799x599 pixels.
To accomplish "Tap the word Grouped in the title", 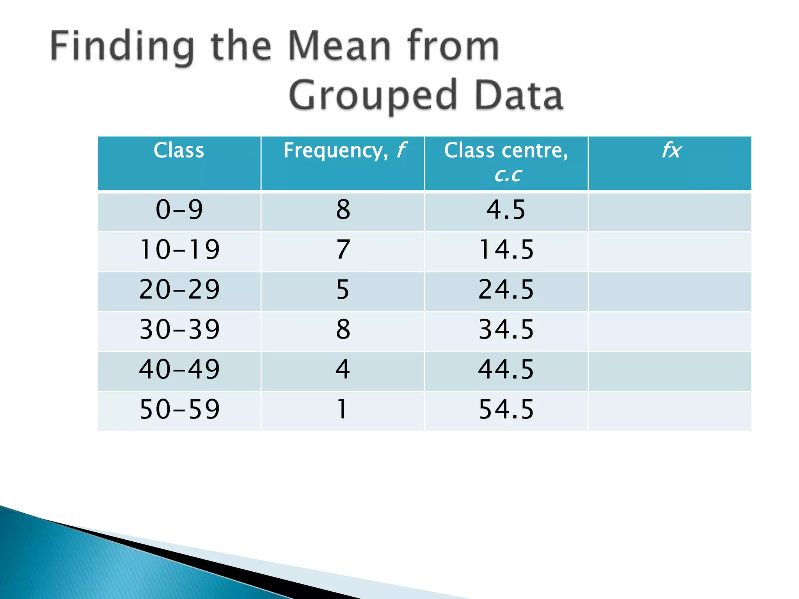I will pyautogui.click(x=373, y=95).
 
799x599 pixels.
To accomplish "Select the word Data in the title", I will pyautogui.click(x=518, y=95).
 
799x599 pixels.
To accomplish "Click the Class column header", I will pyautogui.click(x=179, y=151).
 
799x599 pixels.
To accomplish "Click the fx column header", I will pyautogui.click(x=671, y=151).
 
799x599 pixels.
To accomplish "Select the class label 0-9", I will pyautogui.click(x=179, y=210).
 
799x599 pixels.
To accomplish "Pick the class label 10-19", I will pyautogui.click(x=179, y=250).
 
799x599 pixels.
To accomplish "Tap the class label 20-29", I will pyautogui.click(x=179, y=290).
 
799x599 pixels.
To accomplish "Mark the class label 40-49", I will pyautogui.click(x=179, y=369).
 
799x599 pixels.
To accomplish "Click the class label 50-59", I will pyautogui.click(x=179, y=409).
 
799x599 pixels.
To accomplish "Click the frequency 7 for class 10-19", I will pyautogui.click(x=343, y=250).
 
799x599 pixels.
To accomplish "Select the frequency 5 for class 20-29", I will pyautogui.click(x=343, y=290).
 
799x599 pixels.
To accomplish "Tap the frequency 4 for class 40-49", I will pyautogui.click(x=343, y=369).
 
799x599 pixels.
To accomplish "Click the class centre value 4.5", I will pyautogui.click(x=506, y=210).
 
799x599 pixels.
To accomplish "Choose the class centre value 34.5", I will pyautogui.click(x=506, y=330).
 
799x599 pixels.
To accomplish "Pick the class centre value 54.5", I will pyautogui.click(x=506, y=409).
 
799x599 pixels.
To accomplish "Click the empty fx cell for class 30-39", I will pyautogui.click(x=669, y=331).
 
